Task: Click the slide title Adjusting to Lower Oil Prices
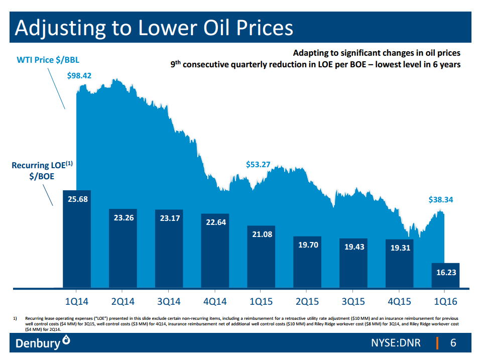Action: click(x=154, y=28)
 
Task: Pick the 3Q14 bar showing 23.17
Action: click(x=169, y=218)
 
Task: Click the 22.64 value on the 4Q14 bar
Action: click(x=214, y=222)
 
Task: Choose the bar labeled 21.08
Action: click(x=261, y=234)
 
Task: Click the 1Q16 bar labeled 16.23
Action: click(x=445, y=272)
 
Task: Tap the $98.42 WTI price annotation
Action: click(x=79, y=76)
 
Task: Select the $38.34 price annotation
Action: click(x=441, y=199)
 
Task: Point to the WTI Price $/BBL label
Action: click(x=48, y=60)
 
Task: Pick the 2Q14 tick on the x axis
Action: click(x=123, y=302)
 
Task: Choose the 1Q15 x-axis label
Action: click(x=261, y=302)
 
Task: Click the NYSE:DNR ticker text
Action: click(x=396, y=343)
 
